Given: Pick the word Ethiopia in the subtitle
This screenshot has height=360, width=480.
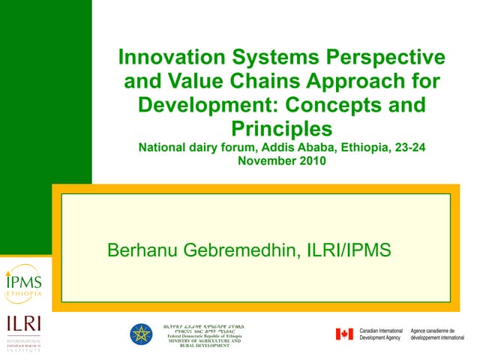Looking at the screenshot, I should (358, 147).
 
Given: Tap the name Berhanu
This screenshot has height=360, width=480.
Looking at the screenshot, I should (145, 250).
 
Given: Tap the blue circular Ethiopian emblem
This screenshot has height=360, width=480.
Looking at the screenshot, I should (141, 334).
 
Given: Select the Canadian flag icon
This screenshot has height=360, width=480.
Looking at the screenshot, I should (344, 334).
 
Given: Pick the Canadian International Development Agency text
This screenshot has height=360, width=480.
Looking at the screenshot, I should (382, 334).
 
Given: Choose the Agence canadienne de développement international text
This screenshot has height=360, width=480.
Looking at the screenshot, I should (438, 334).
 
